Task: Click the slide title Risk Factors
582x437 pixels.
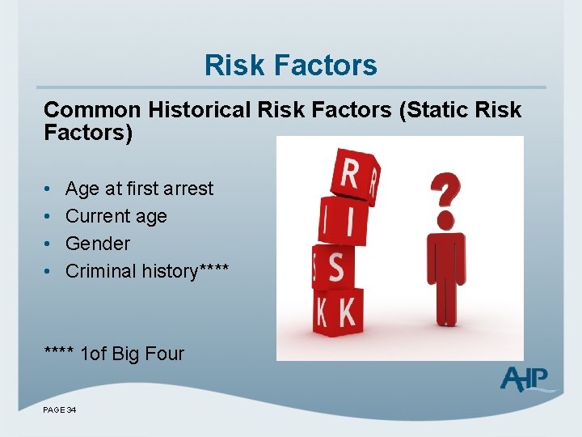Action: point(290,65)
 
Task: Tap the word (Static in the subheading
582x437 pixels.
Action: point(437,110)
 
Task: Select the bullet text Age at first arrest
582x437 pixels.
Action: point(139,189)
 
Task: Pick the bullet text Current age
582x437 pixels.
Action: point(116,216)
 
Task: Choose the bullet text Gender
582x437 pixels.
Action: point(97,244)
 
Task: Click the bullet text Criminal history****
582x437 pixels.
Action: point(146,271)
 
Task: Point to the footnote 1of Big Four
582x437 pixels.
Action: point(133,354)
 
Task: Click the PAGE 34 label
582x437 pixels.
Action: point(60,410)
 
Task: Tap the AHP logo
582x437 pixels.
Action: point(525,379)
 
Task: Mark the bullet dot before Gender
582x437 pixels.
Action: point(48,244)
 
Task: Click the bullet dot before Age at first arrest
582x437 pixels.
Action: point(48,189)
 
